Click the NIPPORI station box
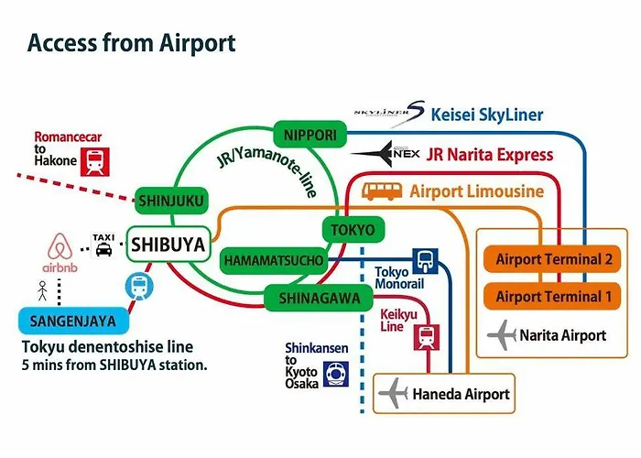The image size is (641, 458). coord(310,135)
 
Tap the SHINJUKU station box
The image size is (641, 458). coord(171,201)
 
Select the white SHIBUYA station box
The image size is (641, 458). coord(168,245)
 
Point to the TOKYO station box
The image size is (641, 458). coord(353,229)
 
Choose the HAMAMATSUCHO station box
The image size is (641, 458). coord(274,260)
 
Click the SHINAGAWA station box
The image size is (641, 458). coord(319,298)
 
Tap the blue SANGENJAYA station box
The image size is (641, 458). coord(73,321)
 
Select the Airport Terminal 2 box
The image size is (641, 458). coord(552,259)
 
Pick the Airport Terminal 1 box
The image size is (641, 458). coord(552,297)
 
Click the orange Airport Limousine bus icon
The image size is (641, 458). coord(382,191)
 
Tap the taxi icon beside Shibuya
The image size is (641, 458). coord(103,245)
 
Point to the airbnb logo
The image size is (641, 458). coord(60,253)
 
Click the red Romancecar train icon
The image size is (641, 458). coord(95,161)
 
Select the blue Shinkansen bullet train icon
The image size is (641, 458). coord(336,374)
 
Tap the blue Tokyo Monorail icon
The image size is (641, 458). coord(425,260)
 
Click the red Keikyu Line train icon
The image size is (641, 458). coord(427,337)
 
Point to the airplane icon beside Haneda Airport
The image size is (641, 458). coord(393,393)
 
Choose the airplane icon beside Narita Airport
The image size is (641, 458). coord(502,335)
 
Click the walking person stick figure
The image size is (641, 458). coord(42,290)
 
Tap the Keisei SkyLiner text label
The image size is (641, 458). coord(487,114)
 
